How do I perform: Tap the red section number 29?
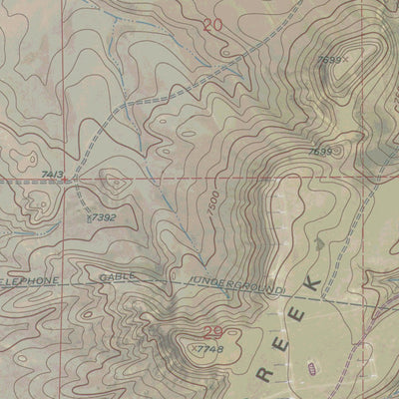(x=212, y=333)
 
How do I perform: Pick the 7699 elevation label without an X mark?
(x=320, y=152)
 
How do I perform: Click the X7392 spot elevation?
(x=101, y=215)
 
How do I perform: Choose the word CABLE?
(x=118, y=282)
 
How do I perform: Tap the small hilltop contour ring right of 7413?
(x=112, y=182)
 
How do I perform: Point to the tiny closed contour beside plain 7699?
(x=339, y=152)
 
